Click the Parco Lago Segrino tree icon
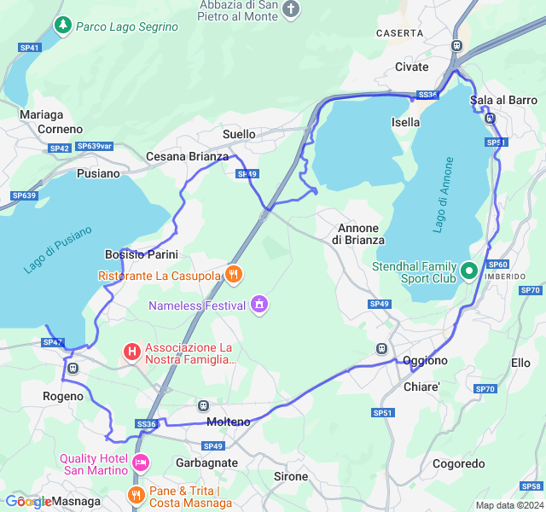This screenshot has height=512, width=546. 62,26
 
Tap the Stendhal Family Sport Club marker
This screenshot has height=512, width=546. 468,271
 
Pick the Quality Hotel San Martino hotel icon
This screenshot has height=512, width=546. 141,463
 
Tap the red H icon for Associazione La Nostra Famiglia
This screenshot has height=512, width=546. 131,351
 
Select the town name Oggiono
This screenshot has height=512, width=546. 425,361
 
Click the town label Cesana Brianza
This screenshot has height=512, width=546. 187,157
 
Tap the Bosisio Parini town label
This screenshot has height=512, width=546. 141,254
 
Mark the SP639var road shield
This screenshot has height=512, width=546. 94,147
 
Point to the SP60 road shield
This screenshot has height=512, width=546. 498,265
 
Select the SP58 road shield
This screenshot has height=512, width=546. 531,486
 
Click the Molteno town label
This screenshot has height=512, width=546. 229,422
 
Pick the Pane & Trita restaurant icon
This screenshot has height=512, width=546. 135,494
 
